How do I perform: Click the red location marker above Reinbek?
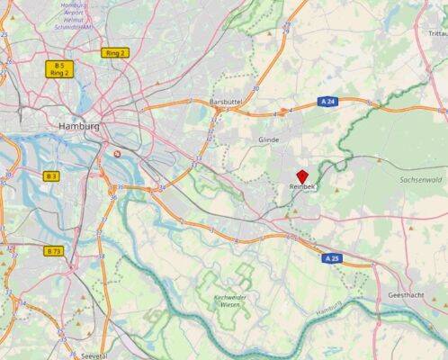click(x=302, y=174)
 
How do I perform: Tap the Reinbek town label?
click(x=302, y=186)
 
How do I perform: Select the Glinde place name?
click(x=268, y=140)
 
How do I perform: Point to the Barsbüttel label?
click(x=226, y=103)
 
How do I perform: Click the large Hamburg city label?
click(x=78, y=127)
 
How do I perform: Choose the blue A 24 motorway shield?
click(x=330, y=103)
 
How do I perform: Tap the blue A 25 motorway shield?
click(x=333, y=258)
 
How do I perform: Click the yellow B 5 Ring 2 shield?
click(x=59, y=69)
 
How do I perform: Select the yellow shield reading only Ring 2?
click(x=115, y=53)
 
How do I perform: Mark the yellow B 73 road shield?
click(x=53, y=251)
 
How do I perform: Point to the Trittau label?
click(x=436, y=33)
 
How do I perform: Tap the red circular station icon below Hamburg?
click(x=120, y=154)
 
